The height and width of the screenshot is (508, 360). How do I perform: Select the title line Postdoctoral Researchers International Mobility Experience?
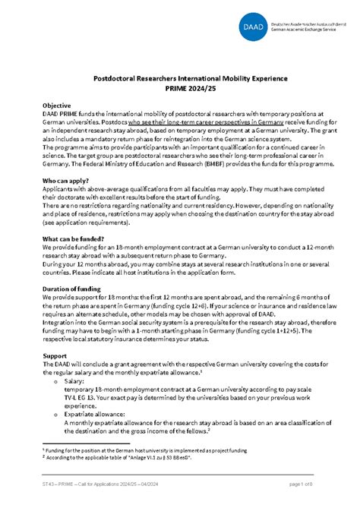pyautogui.click(x=179, y=77)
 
